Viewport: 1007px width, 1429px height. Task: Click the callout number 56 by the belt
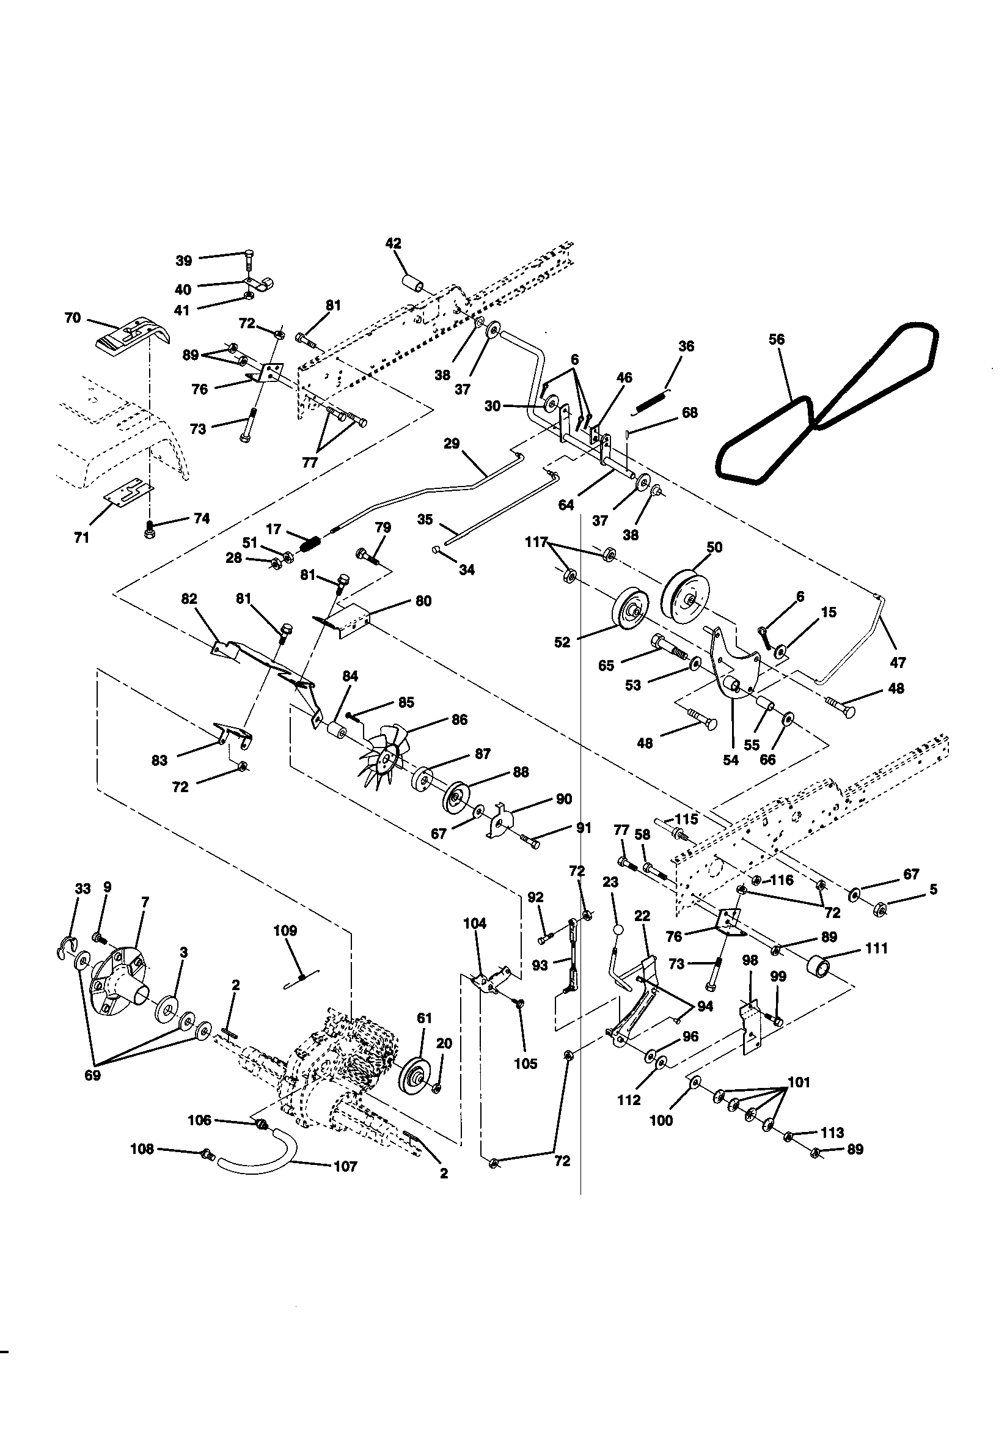coord(777,339)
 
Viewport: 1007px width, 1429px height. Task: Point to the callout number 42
coord(394,243)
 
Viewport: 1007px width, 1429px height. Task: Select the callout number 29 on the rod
coord(452,443)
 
